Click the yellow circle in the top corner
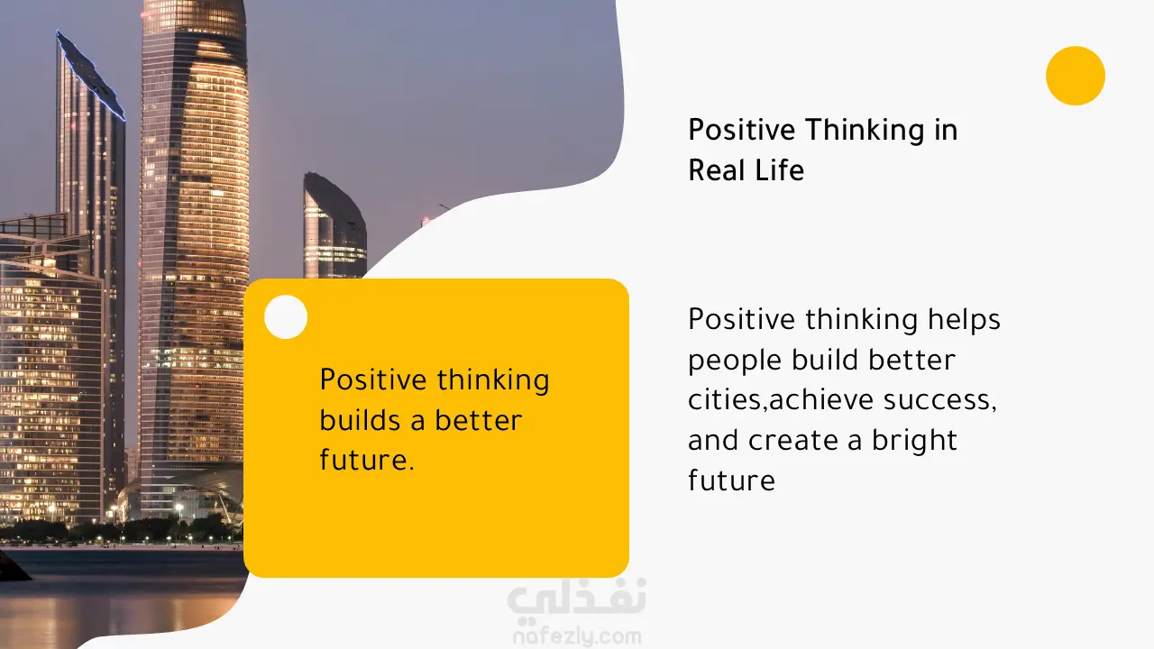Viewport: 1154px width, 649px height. [1076, 76]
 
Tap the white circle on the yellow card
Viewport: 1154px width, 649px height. [286, 316]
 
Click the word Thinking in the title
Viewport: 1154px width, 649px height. [865, 131]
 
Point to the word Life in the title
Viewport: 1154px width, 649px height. [780, 170]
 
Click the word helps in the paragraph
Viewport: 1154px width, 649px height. [964, 320]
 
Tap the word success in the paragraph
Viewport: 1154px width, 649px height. [940, 401]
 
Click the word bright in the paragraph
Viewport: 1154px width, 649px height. [914, 441]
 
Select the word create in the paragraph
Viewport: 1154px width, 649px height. [793, 442]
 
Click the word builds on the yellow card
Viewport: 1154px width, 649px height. [360, 420]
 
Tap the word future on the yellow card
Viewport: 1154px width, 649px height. [367, 460]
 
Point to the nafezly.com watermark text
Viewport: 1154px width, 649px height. [577, 636]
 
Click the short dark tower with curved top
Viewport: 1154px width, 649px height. [334, 225]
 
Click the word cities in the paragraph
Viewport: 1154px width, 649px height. [727, 399]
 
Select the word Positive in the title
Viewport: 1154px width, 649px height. [742, 130]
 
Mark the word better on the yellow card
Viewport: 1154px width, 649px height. [478, 420]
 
